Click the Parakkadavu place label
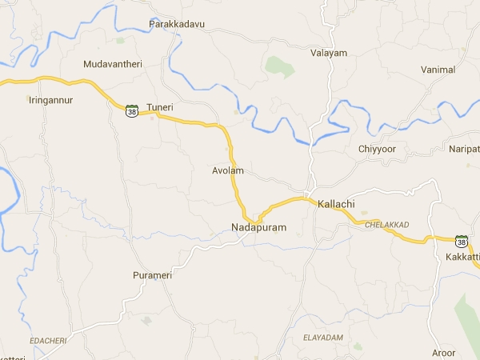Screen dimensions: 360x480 pos(177,24)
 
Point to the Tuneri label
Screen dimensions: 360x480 pos(160,106)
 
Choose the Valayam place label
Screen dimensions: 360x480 pos(329,54)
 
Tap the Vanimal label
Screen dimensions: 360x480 pos(438,70)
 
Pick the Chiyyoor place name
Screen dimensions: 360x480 pos(378,149)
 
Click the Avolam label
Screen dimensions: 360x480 pos(227,171)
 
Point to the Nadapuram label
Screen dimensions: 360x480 pos(258,228)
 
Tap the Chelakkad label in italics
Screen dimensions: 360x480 pos(386,225)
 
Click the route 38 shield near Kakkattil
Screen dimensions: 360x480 pos(461,241)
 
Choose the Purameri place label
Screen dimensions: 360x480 pos(152,275)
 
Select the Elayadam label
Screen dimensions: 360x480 pos(323,338)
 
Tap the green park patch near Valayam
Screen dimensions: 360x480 pos(280,66)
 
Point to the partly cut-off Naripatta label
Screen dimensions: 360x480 pos(464,150)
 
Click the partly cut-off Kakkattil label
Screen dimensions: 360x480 pos(463,256)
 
